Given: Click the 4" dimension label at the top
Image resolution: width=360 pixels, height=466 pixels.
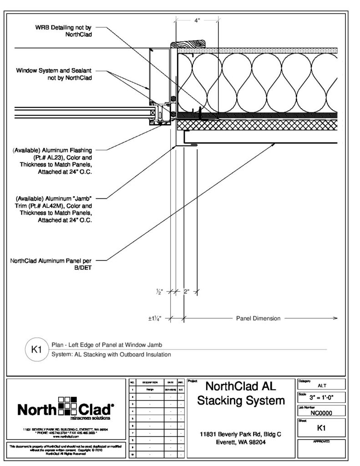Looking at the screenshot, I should tap(197, 20).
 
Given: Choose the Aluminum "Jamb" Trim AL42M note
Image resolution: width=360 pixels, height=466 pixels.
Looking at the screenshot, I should tap(54, 210).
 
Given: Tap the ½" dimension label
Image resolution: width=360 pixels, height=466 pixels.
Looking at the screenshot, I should tap(159, 293).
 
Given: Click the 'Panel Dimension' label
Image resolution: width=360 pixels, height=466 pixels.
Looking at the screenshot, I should tap(258, 319).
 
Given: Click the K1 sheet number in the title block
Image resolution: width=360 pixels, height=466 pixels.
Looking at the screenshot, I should tap(321, 428).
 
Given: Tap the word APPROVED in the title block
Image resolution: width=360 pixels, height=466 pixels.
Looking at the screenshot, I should tap(321, 442).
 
